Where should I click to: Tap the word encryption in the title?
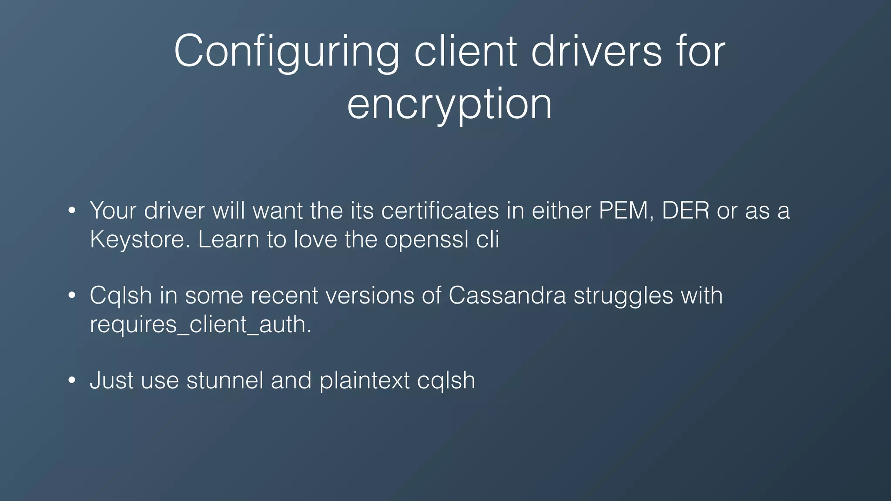(449, 104)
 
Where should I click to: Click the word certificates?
(440, 211)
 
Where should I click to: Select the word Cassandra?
(507, 296)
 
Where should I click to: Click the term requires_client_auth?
(201, 325)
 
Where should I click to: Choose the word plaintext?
(365, 381)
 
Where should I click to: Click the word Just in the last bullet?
(111, 380)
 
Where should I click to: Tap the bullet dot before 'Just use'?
(72, 381)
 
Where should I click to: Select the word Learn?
(228, 239)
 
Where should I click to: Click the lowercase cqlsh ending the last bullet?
(446, 381)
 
